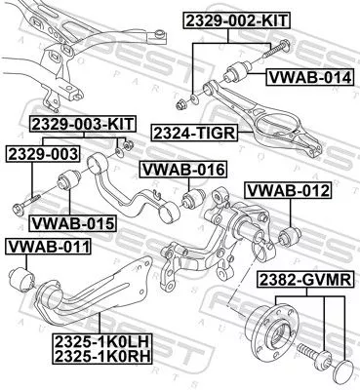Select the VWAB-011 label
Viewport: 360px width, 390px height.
tap(48, 245)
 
